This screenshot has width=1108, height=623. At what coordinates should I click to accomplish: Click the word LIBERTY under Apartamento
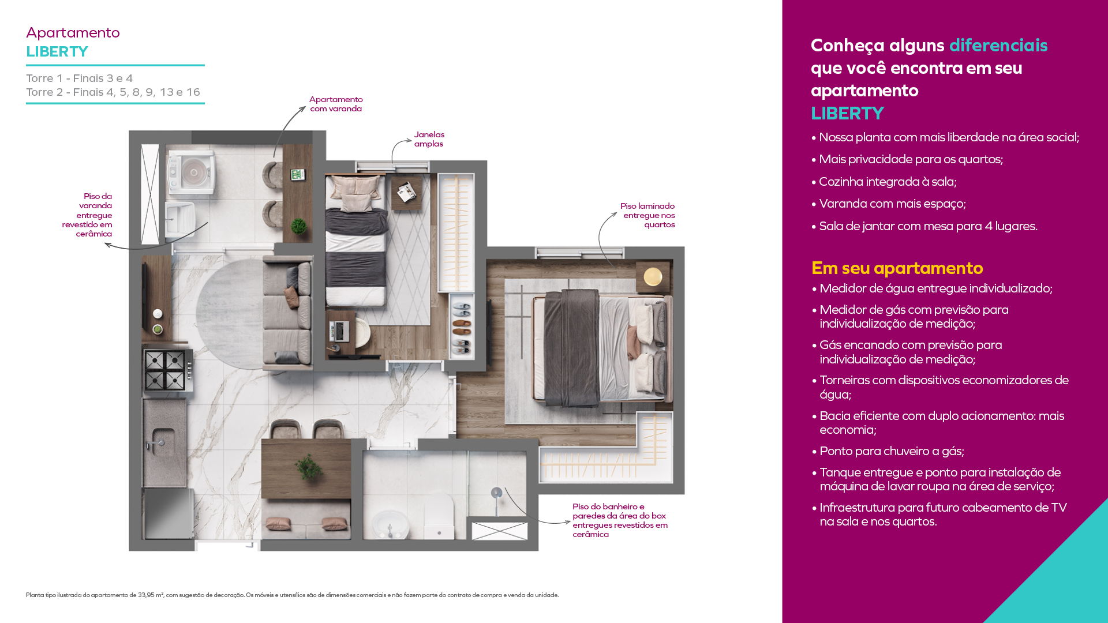(57, 51)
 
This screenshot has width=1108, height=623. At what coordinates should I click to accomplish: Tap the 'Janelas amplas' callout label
(429, 139)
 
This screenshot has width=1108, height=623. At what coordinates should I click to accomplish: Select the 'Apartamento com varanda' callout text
(336, 104)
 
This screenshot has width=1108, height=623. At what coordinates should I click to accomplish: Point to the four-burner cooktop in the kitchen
(166, 370)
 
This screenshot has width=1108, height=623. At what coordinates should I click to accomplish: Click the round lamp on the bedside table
(653, 276)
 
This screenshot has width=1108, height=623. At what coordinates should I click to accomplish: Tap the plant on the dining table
(308, 466)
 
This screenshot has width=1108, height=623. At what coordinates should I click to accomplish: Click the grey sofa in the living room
(287, 311)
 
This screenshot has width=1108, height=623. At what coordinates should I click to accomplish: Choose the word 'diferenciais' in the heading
(998, 45)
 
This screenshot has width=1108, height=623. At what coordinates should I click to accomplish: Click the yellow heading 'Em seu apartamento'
(897, 268)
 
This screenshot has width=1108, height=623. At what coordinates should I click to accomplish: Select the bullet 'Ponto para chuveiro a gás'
(892, 451)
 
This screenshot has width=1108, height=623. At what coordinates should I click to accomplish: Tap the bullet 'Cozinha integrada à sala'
(884, 182)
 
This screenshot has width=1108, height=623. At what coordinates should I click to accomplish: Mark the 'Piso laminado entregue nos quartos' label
(647, 215)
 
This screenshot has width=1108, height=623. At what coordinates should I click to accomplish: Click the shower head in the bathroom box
(496, 493)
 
